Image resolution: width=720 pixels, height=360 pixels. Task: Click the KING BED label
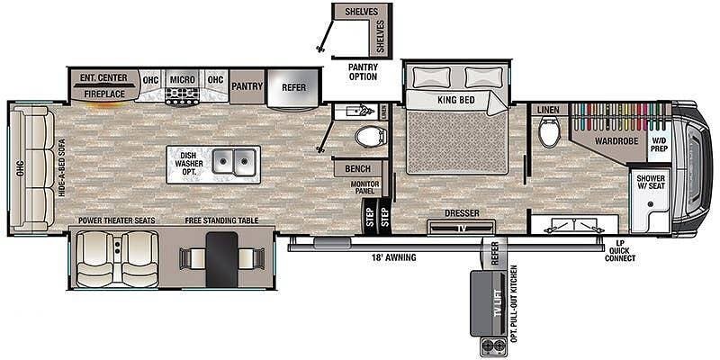coord(456,100)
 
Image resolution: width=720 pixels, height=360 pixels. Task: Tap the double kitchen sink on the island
coord(234,162)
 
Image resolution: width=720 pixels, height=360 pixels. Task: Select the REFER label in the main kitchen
coord(294,87)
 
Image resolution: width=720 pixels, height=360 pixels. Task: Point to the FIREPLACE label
coord(104,94)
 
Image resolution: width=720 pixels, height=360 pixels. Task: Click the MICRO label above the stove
coord(183,79)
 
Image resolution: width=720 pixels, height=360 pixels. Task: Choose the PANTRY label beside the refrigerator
coord(247,85)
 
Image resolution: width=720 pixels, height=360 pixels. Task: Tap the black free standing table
coord(221,259)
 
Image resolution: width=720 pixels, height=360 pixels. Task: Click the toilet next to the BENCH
coord(371,137)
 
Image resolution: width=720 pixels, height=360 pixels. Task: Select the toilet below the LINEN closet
coord(548,131)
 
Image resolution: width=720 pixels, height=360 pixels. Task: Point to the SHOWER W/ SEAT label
coord(650,182)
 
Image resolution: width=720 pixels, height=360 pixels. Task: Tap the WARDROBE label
coord(616,141)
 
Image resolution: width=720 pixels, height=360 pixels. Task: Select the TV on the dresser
coord(461,228)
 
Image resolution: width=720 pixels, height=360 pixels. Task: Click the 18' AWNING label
coord(394,257)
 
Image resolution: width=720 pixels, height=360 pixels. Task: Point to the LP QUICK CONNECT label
coord(619,251)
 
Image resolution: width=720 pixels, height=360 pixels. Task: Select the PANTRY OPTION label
coord(363,72)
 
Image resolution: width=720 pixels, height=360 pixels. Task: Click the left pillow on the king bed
coord(432,76)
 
